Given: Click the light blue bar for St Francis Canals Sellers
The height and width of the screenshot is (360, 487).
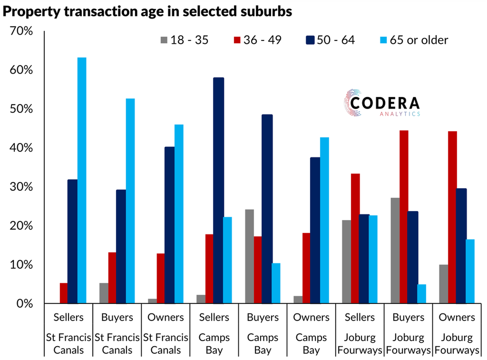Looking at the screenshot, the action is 82,180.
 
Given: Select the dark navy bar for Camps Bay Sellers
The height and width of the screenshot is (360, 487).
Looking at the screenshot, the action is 219,190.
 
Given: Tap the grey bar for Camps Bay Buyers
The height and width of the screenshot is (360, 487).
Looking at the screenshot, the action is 249,256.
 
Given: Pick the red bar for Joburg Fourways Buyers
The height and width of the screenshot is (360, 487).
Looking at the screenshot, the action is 404,217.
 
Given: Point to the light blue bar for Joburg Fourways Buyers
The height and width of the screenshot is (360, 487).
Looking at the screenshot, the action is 422,294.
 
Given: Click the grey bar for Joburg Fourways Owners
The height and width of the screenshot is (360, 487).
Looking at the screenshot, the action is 444,284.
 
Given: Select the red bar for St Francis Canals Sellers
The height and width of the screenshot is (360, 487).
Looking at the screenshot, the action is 64,293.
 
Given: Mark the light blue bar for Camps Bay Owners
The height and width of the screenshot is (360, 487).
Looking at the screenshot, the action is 324,220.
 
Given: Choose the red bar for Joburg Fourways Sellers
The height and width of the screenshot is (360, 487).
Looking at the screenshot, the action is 355,238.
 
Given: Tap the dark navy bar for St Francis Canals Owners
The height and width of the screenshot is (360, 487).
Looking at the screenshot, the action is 170,225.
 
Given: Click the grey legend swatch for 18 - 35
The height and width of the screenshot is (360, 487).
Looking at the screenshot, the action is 164,40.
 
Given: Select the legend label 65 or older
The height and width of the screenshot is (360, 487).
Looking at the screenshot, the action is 419,40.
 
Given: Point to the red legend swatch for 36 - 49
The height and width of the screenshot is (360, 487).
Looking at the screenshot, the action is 237,40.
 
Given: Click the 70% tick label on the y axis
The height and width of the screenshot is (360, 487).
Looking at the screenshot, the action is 21,31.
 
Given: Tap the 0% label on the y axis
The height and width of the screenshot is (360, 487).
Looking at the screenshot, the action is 24,304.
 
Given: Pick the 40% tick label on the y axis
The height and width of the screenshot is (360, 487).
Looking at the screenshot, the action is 21,148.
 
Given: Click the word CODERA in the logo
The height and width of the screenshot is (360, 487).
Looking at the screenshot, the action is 385,103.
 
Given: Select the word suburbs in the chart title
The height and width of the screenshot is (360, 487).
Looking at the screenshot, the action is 266,12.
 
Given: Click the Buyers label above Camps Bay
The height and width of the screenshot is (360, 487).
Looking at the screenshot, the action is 263,317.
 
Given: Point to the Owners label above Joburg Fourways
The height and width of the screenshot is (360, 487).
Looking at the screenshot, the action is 457,317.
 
